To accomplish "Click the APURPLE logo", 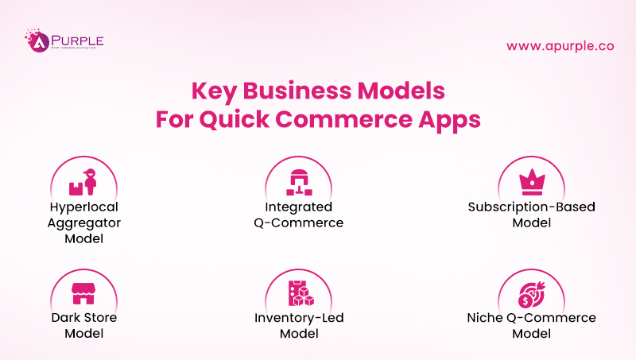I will point(64,41).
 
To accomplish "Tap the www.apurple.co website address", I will point(560,45).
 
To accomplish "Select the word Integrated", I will point(298,207).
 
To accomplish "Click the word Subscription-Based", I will point(531,207).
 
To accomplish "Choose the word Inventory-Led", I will point(299,318).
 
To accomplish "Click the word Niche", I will point(486,318).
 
